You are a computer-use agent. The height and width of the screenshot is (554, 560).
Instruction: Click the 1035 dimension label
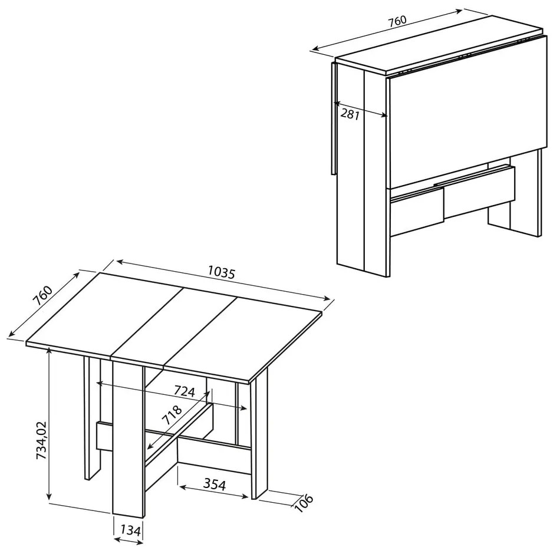coord(222,273)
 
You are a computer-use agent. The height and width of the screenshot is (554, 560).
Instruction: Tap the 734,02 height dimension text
coord(41,440)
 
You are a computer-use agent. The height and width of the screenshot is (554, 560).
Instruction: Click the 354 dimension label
coord(215,484)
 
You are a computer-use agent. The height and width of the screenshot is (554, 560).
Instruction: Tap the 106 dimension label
coord(304,503)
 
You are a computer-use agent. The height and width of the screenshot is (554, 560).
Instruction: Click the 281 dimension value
coord(350,114)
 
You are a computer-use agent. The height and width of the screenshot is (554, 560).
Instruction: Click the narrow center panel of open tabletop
coord(174,328)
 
